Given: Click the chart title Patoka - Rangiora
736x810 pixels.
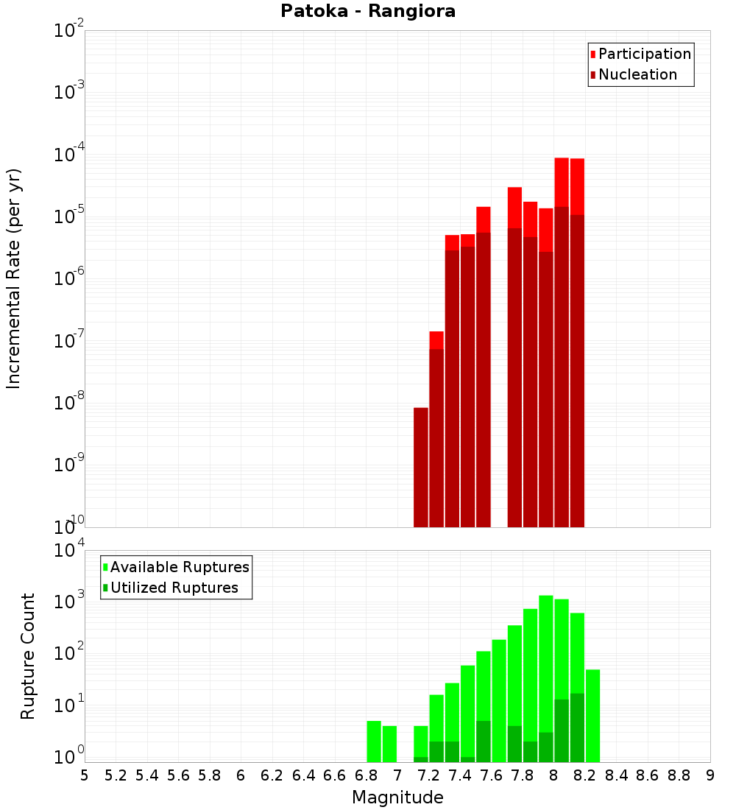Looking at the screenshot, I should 368,11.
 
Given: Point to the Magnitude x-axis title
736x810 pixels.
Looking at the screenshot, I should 397,797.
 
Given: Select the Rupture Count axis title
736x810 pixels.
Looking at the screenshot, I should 28,656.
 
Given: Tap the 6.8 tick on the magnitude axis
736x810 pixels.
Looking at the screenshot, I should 366,775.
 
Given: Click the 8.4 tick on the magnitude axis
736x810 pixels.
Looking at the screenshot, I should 616,775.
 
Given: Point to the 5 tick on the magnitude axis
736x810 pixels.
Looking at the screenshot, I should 85,775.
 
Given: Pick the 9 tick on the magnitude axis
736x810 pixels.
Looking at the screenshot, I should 710,775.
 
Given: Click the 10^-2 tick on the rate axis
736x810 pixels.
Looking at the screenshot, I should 69,31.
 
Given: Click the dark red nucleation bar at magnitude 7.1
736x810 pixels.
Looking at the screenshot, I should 421,468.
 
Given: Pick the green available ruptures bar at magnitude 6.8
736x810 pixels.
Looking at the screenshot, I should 374,742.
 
